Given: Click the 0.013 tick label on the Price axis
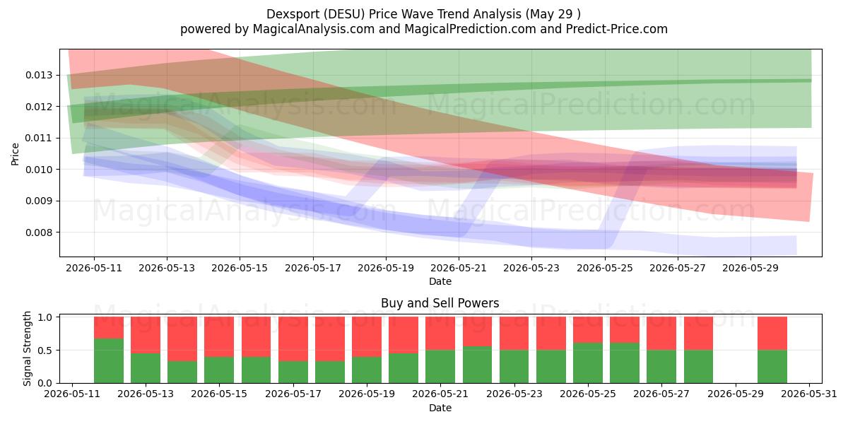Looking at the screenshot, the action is click(x=39, y=75).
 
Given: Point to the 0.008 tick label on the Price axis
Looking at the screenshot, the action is click(x=39, y=232).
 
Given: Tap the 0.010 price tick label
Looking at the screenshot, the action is click(x=39, y=170).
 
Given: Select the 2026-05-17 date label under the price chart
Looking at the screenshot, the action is click(x=312, y=268).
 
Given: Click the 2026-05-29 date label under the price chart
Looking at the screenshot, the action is click(x=750, y=268).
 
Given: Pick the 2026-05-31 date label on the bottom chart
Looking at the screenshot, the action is click(x=809, y=394).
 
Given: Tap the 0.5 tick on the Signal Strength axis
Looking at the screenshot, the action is click(x=46, y=351).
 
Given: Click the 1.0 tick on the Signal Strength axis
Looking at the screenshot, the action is click(x=46, y=317).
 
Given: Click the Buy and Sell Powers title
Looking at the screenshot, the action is click(x=440, y=303).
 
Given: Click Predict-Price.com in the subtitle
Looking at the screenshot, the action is click(x=617, y=29).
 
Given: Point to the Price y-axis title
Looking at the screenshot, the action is click(x=15, y=154).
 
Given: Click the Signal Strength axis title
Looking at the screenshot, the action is click(x=27, y=348).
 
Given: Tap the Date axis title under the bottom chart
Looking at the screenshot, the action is click(x=440, y=408).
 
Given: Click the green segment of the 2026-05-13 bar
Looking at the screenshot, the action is click(x=146, y=368).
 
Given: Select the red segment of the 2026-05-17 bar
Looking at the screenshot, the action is click(x=293, y=338).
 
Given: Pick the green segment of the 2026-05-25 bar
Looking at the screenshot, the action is click(x=587, y=363).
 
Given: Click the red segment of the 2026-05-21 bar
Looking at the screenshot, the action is click(x=440, y=334).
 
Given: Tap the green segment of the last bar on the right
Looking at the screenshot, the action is click(x=772, y=367).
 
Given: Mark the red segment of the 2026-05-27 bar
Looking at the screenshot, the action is click(x=661, y=334).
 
